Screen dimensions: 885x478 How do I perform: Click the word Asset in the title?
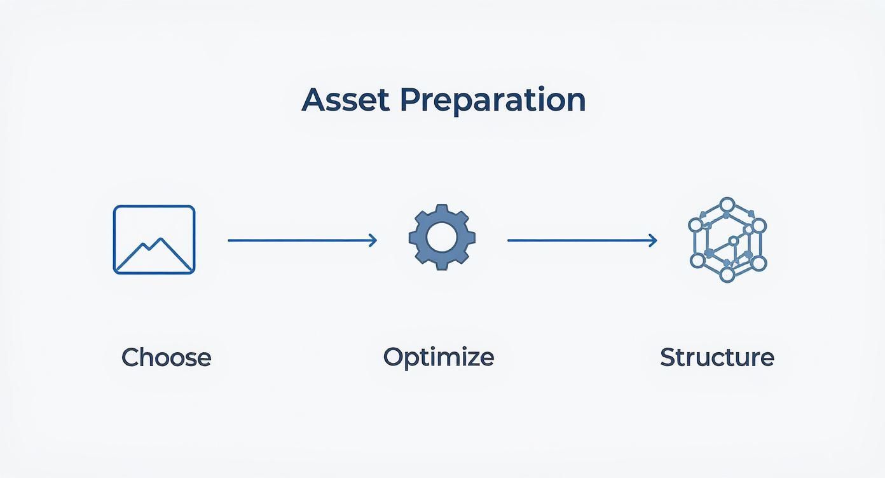click(x=345, y=100)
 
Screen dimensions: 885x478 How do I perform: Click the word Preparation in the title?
click(x=493, y=101)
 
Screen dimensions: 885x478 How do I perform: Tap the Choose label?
click(x=167, y=357)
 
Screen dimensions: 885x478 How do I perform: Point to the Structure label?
click(x=717, y=357)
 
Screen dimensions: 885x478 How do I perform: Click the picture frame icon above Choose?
click(x=154, y=206)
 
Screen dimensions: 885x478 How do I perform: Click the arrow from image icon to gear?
click(x=303, y=240)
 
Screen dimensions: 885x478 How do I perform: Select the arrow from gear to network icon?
click(x=582, y=240)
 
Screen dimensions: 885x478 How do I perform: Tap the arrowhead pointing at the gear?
click(x=373, y=240)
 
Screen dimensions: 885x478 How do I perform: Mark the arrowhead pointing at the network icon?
click(x=653, y=240)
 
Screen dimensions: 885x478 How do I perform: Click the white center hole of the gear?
click(x=442, y=238)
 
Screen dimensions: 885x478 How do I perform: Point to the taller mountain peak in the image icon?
click(x=160, y=240)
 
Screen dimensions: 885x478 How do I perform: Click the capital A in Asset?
click(x=313, y=100)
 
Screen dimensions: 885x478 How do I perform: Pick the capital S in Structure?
click(x=668, y=357)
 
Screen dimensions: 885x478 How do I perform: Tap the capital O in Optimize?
click(x=394, y=357)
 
